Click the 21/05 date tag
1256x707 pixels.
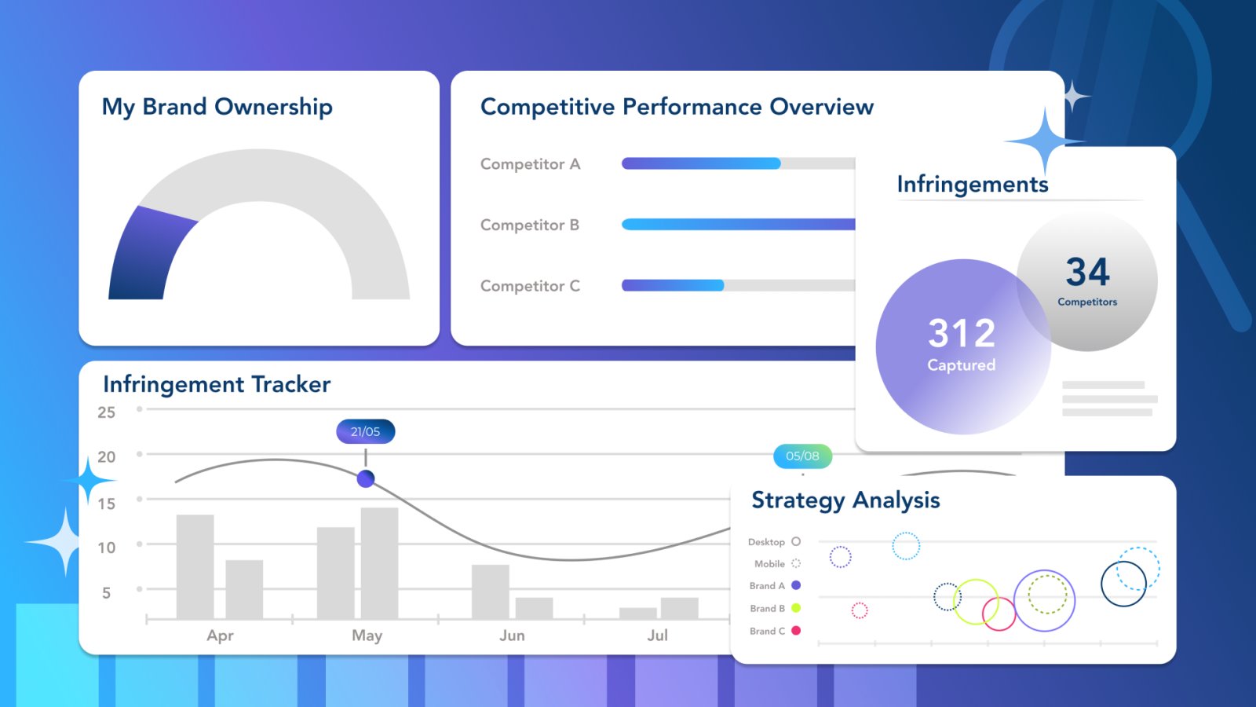(x=366, y=431)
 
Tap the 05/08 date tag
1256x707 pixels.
(x=802, y=456)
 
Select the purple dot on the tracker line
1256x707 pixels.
(x=366, y=478)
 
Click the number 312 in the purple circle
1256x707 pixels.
(x=962, y=333)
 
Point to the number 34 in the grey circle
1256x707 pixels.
(x=1087, y=273)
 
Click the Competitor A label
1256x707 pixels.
(x=530, y=164)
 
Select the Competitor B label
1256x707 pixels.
(x=530, y=225)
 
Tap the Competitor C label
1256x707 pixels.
(x=530, y=287)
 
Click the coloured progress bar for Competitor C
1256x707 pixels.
(x=673, y=286)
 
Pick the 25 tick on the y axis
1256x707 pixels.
(x=106, y=412)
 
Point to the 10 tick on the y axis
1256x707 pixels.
(x=106, y=548)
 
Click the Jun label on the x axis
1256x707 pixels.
(x=512, y=636)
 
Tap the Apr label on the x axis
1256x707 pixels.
(x=220, y=636)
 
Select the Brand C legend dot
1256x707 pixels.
(x=796, y=631)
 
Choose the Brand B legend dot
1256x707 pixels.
(x=796, y=608)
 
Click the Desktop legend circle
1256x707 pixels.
(x=796, y=542)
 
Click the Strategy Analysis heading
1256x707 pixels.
(x=845, y=500)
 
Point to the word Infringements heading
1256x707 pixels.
(x=973, y=185)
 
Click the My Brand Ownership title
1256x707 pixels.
(x=217, y=107)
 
